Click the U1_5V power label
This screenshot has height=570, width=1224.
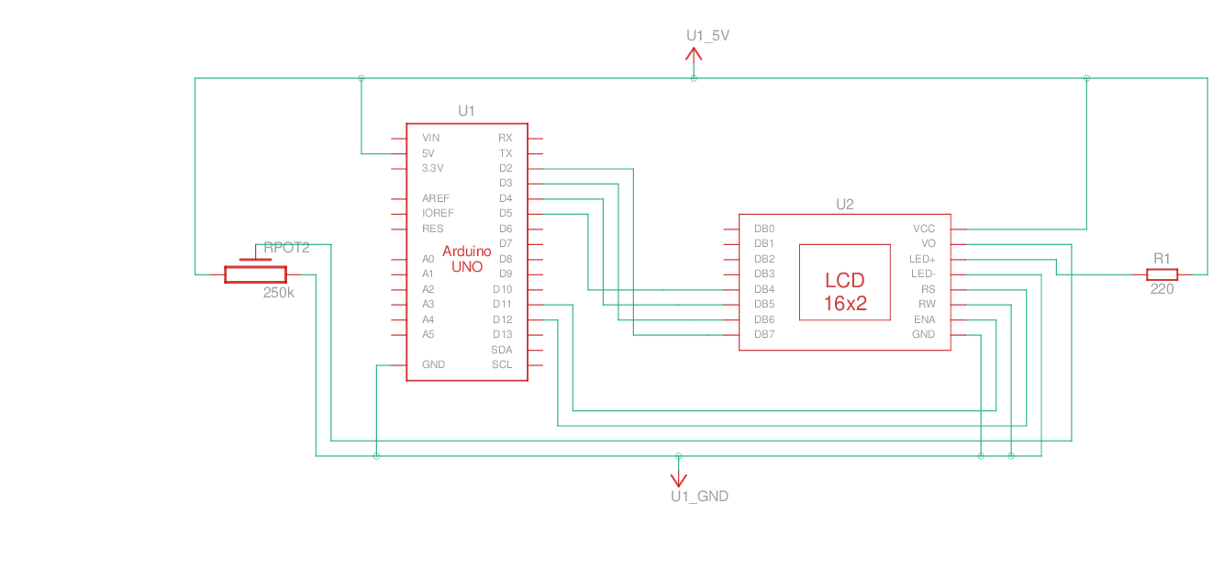point(707,36)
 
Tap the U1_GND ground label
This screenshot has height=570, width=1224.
point(699,497)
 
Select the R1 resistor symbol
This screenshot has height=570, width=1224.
point(1162,274)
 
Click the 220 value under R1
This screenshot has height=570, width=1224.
point(1162,289)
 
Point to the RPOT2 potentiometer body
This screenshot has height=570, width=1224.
point(255,274)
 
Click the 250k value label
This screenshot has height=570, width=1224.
point(279,293)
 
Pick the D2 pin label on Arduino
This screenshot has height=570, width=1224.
point(506,168)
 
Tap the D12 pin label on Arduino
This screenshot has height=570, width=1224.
point(502,319)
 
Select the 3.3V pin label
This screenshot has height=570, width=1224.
point(432,168)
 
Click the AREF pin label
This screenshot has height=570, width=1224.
point(436,198)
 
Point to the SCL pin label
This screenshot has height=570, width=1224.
point(502,364)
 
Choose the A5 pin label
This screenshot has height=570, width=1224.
point(428,334)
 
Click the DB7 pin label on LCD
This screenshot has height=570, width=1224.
point(764,334)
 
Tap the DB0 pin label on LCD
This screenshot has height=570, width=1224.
point(764,229)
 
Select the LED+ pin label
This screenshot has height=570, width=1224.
point(922,259)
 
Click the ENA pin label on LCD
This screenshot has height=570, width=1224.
point(925,319)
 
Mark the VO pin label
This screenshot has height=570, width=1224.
point(929,244)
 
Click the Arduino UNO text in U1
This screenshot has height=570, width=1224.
point(467,259)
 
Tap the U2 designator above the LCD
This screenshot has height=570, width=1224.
point(845,205)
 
